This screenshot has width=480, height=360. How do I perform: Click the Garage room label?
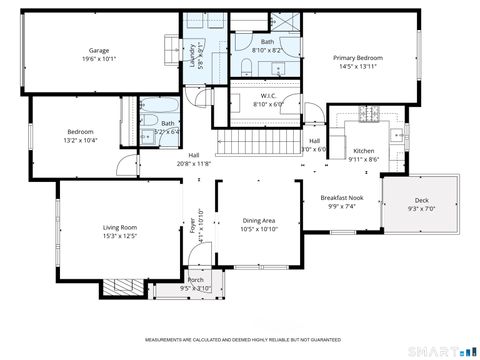tap(98, 50)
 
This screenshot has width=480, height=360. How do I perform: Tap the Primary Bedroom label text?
tap(358, 58)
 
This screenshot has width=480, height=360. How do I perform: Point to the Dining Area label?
tap(259, 221)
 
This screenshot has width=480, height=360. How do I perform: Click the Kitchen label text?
tap(364, 150)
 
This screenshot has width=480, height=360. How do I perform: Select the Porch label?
tap(196, 280)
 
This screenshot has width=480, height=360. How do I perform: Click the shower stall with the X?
tap(284, 21)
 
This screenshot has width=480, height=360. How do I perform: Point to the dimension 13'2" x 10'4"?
tap(80, 141)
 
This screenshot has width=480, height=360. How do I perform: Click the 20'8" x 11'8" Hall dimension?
tap(194, 162)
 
